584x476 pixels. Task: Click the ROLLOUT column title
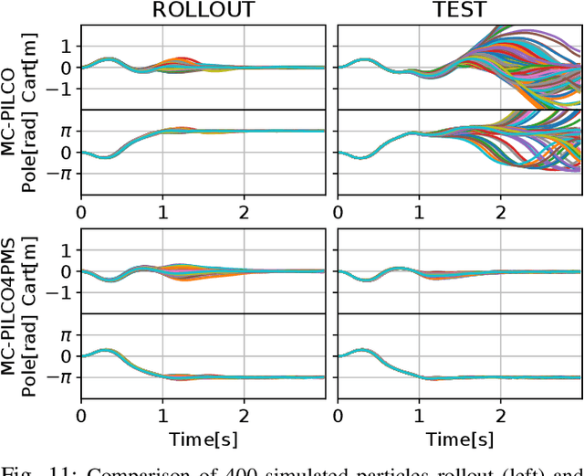[x=203, y=10]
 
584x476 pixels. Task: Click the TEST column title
[x=458, y=10]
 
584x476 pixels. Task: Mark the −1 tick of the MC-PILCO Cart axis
[x=61, y=89]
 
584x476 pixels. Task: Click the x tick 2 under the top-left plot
[x=245, y=211]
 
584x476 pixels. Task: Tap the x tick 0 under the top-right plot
[x=337, y=211]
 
